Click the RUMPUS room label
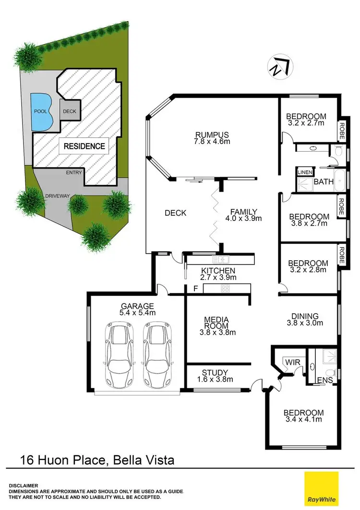211,134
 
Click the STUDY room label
215,372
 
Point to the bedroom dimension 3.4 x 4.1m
303,420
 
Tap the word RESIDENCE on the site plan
84,146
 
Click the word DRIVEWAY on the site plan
58,196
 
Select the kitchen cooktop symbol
225,288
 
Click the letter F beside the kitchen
195,289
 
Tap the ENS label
324,380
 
